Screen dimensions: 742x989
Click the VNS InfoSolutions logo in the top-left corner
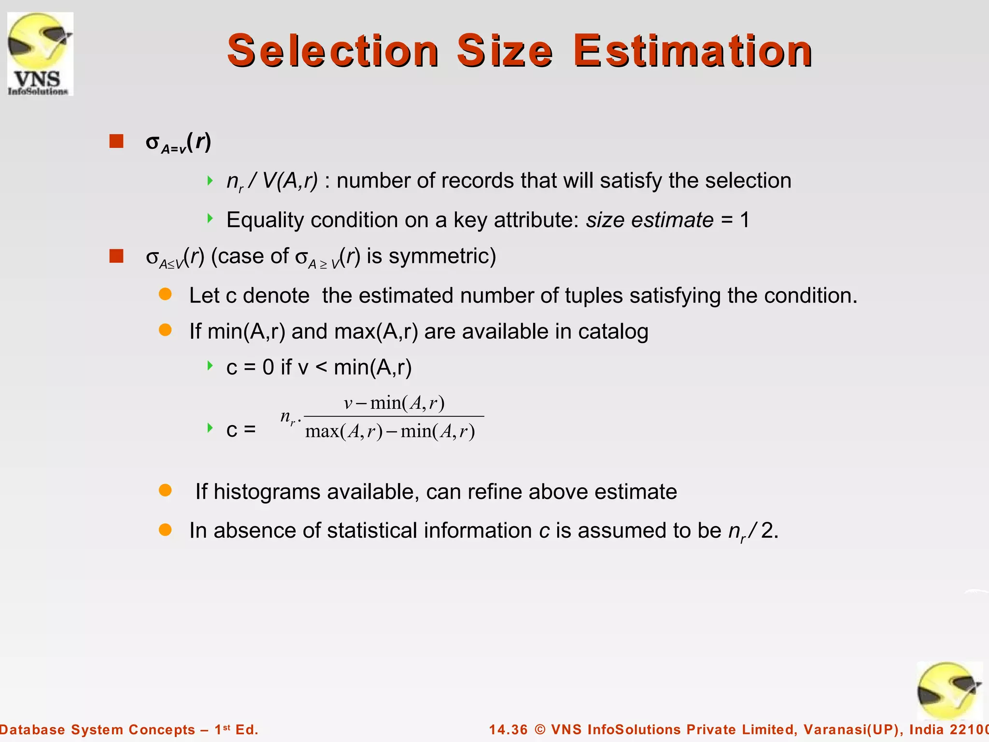click(40, 54)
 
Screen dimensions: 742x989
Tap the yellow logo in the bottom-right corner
click(949, 691)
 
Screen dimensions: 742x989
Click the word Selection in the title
click(333, 51)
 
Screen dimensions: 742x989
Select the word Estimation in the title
click(693, 51)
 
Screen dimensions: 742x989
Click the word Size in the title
click(505, 51)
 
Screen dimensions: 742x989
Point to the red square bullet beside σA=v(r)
click(116, 142)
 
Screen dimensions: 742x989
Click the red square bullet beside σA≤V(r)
click(116, 256)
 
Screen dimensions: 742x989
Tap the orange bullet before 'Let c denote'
click(165, 294)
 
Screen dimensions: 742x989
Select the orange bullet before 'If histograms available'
click(165, 490)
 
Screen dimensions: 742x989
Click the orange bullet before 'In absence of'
click(165, 529)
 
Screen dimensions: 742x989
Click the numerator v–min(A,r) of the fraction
click(394, 403)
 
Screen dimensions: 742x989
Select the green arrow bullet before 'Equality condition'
click(210, 218)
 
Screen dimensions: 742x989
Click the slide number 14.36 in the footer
click(509, 729)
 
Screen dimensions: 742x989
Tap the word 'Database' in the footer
click(32, 729)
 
